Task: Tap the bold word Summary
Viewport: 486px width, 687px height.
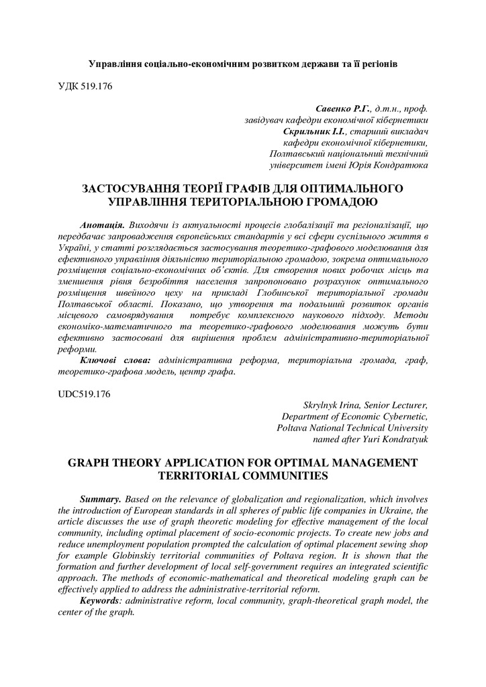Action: point(101,500)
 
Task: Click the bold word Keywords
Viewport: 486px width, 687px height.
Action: point(100,600)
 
